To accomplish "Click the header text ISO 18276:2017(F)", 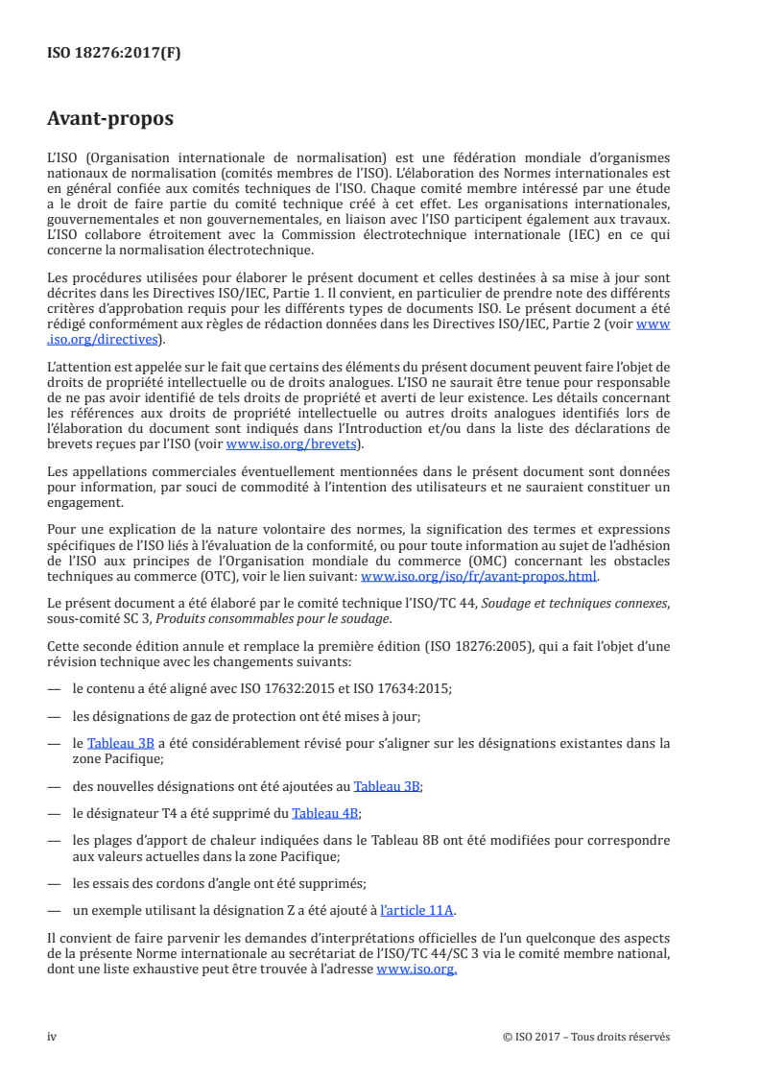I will point(113,54).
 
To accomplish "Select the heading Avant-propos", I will point(110,119).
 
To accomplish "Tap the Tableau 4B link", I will point(326,813).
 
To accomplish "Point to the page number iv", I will point(53,1037).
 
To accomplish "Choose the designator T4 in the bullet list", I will point(167,813).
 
